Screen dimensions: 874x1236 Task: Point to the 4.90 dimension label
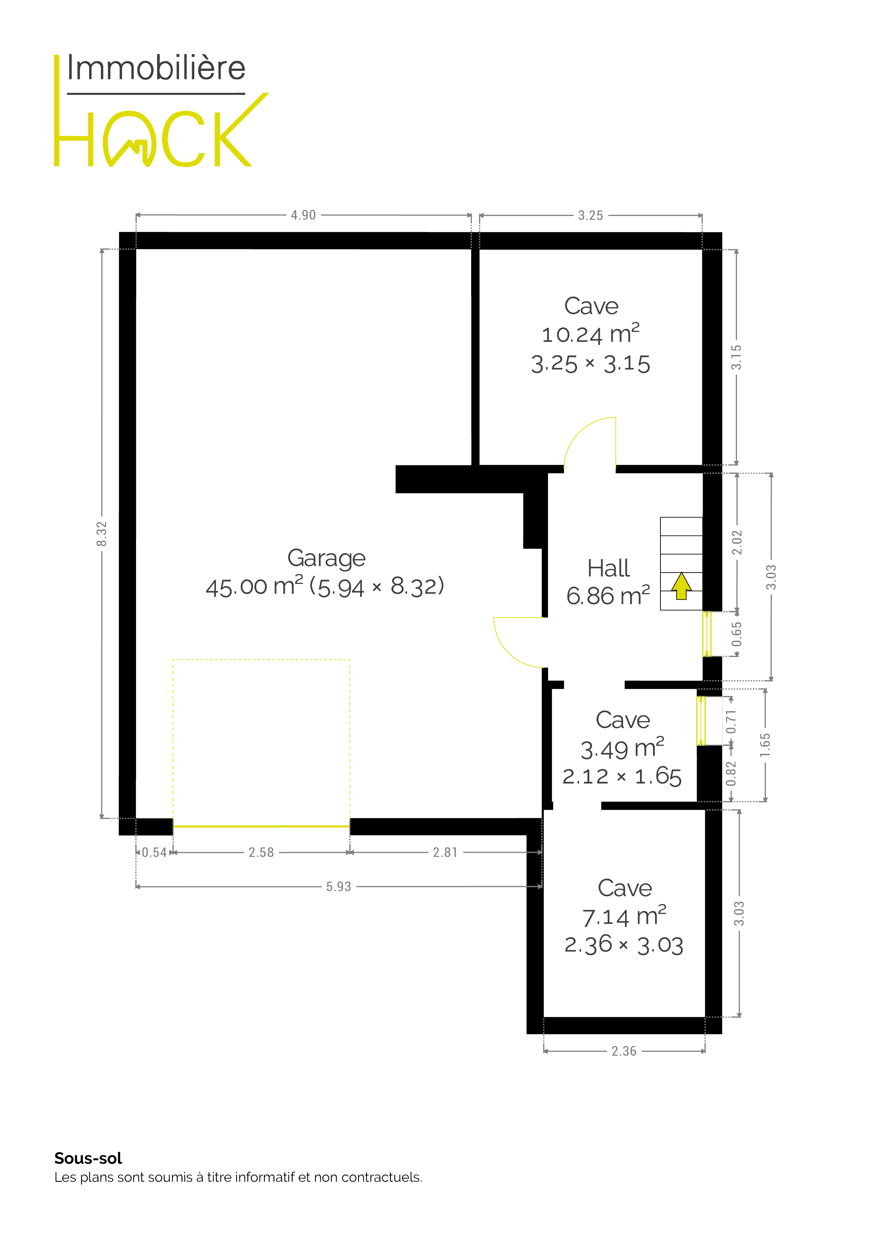point(303,215)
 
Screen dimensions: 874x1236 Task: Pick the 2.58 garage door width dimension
point(261,852)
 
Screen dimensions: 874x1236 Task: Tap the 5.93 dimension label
point(338,886)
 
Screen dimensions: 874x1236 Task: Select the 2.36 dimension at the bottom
point(623,1051)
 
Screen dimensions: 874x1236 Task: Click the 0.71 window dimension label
point(731,721)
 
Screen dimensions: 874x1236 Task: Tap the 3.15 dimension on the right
point(736,357)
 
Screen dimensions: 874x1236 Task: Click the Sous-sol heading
point(88,1158)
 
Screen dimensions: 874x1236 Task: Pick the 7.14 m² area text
point(624,916)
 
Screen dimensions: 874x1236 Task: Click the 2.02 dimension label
point(737,542)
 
